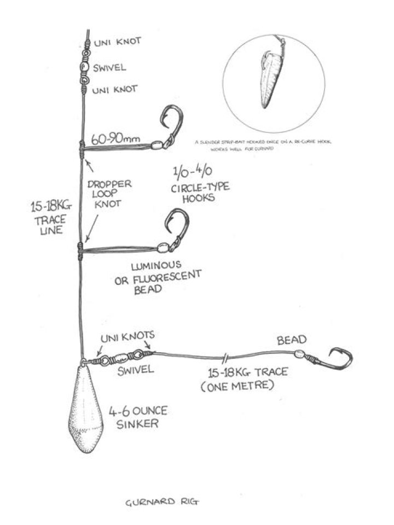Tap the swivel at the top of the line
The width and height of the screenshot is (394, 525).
(x=83, y=67)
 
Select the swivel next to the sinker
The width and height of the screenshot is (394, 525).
(x=120, y=359)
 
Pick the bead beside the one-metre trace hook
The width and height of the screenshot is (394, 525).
(x=299, y=354)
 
